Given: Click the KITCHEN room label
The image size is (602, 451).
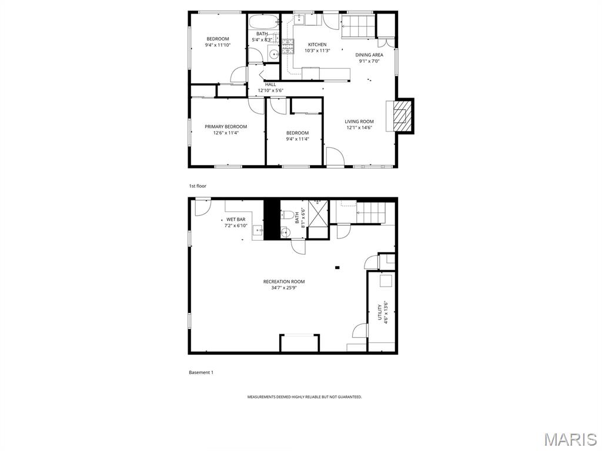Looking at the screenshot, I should pyautogui.click(x=317, y=45).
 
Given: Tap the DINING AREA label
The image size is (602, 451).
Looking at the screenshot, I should pyautogui.click(x=369, y=55).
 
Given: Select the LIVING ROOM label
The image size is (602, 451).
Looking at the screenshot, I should pyautogui.click(x=359, y=122).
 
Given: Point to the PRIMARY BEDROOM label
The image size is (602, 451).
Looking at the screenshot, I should pyautogui.click(x=226, y=127).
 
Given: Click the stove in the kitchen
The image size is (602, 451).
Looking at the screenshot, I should pyautogui.click(x=287, y=46).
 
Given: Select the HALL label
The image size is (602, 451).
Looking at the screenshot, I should pyautogui.click(x=270, y=85).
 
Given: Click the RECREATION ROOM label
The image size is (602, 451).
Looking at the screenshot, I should pyautogui.click(x=284, y=282).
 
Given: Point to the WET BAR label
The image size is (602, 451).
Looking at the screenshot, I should pyautogui.click(x=236, y=220).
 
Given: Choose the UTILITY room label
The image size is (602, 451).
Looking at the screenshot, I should pyautogui.click(x=380, y=312).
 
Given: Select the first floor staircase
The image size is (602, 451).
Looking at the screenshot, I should pyautogui.click(x=357, y=25).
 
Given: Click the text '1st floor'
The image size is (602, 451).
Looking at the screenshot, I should pyautogui.click(x=198, y=186).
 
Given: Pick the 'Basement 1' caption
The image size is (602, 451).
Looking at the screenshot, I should pyautogui.click(x=201, y=372).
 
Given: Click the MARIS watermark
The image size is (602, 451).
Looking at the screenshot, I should pyautogui.click(x=570, y=439).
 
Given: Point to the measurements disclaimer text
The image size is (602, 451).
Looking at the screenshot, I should pyautogui.click(x=305, y=397).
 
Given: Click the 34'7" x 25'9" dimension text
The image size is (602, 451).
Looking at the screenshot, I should pyautogui.click(x=284, y=288).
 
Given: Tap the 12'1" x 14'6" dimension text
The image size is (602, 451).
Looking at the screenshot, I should pyautogui.click(x=359, y=127).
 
